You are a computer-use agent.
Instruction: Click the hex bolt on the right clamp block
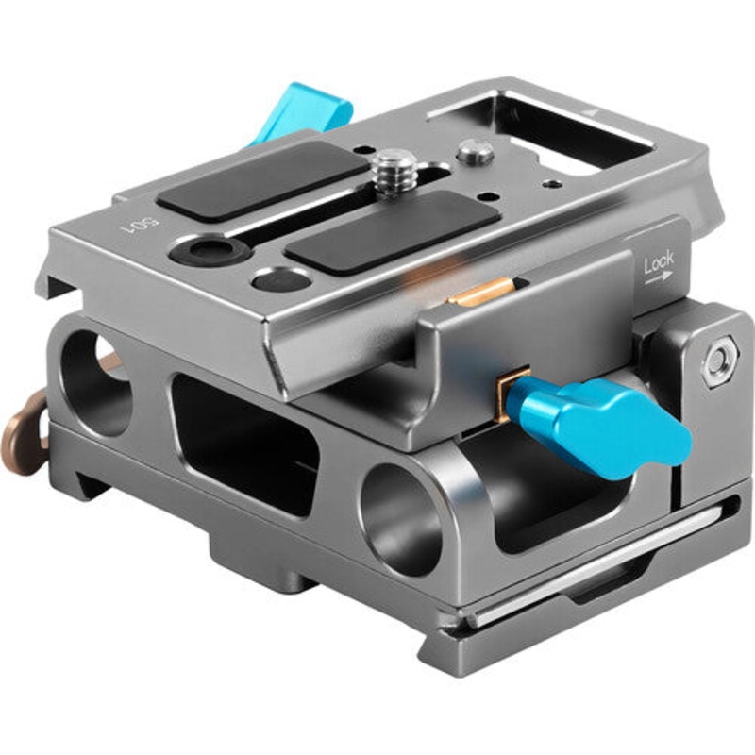[719, 361]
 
